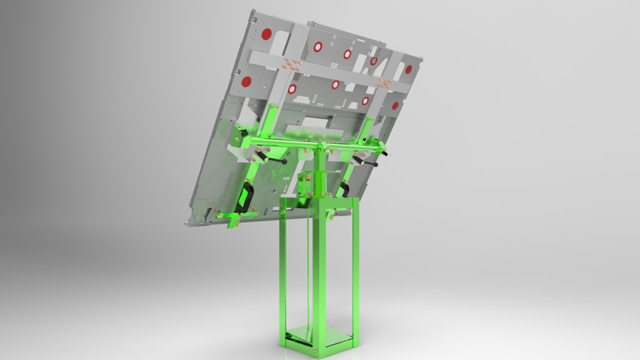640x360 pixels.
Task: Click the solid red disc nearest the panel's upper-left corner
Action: pos(266,34)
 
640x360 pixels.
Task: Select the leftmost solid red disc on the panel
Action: pos(246,81)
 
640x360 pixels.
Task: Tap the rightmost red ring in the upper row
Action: pos(373,61)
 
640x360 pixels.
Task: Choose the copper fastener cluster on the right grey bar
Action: pos(385,83)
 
